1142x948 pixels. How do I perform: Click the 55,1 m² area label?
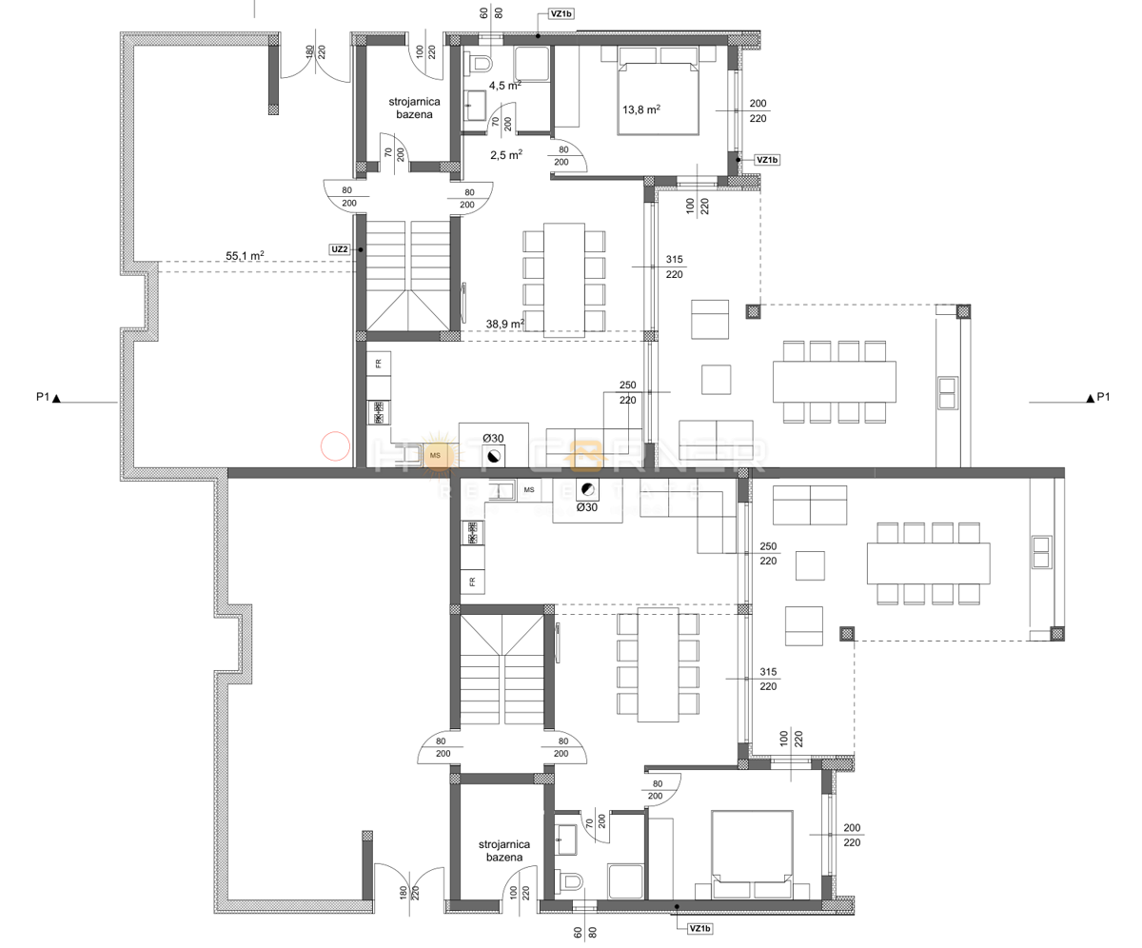click(x=245, y=256)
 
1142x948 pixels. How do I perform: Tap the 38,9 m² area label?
click(x=504, y=324)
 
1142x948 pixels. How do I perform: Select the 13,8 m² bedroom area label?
click(x=641, y=109)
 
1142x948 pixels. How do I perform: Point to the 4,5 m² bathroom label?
click(x=504, y=85)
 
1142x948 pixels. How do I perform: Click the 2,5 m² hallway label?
click(x=504, y=154)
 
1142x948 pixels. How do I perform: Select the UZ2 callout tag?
click(x=339, y=249)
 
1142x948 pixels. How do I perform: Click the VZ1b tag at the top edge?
click(x=561, y=14)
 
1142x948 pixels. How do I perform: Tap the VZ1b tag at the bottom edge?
click(x=699, y=928)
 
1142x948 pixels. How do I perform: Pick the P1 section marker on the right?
click(x=1097, y=398)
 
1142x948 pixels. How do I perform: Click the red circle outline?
click(x=335, y=446)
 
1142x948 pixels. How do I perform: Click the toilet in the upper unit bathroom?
click(x=481, y=63)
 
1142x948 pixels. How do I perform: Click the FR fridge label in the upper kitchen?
click(x=378, y=364)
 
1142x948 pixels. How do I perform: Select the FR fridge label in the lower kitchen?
click(x=471, y=581)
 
